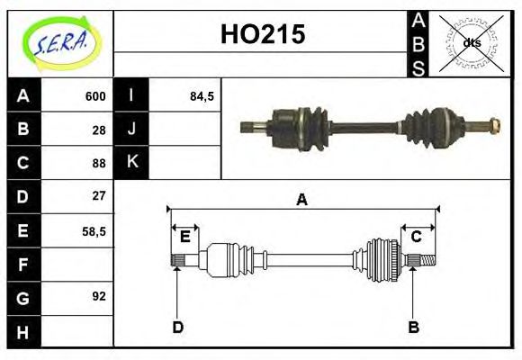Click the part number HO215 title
point(263,35)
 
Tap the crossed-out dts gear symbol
point(470,42)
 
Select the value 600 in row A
point(95,96)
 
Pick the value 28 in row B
point(99,130)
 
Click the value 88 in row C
point(99,163)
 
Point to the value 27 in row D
point(99,195)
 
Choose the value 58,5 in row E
point(94,231)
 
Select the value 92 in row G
point(99,295)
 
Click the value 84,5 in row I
point(202,96)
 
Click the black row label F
point(23,265)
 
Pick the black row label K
point(132,162)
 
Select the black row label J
point(132,130)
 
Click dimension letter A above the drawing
point(302,200)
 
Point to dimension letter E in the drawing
point(185,237)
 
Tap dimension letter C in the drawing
point(417,237)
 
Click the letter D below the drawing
point(178,328)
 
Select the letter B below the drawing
point(413,328)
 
